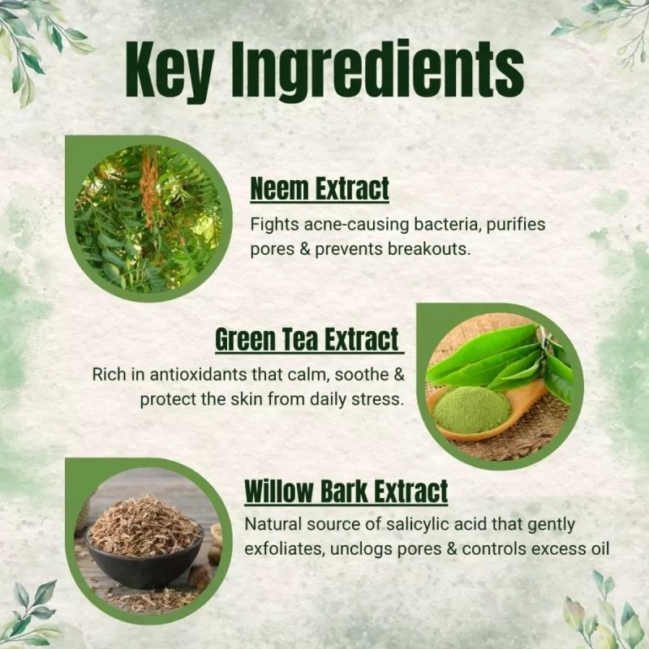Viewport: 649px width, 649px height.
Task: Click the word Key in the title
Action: pos(170,70)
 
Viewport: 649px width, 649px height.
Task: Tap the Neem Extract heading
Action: pos(320,189)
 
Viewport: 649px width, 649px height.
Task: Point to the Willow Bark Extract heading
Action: pos(346,492)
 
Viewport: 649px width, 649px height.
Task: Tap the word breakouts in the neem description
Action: pos(429,249)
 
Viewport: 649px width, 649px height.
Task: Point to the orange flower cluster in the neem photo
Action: pos(149,183)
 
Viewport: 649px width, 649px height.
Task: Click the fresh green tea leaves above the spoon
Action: pos(501,358)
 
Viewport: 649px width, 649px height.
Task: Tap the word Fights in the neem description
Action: pos(274,226)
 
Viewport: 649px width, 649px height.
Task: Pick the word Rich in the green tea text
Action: pos(109,374)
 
